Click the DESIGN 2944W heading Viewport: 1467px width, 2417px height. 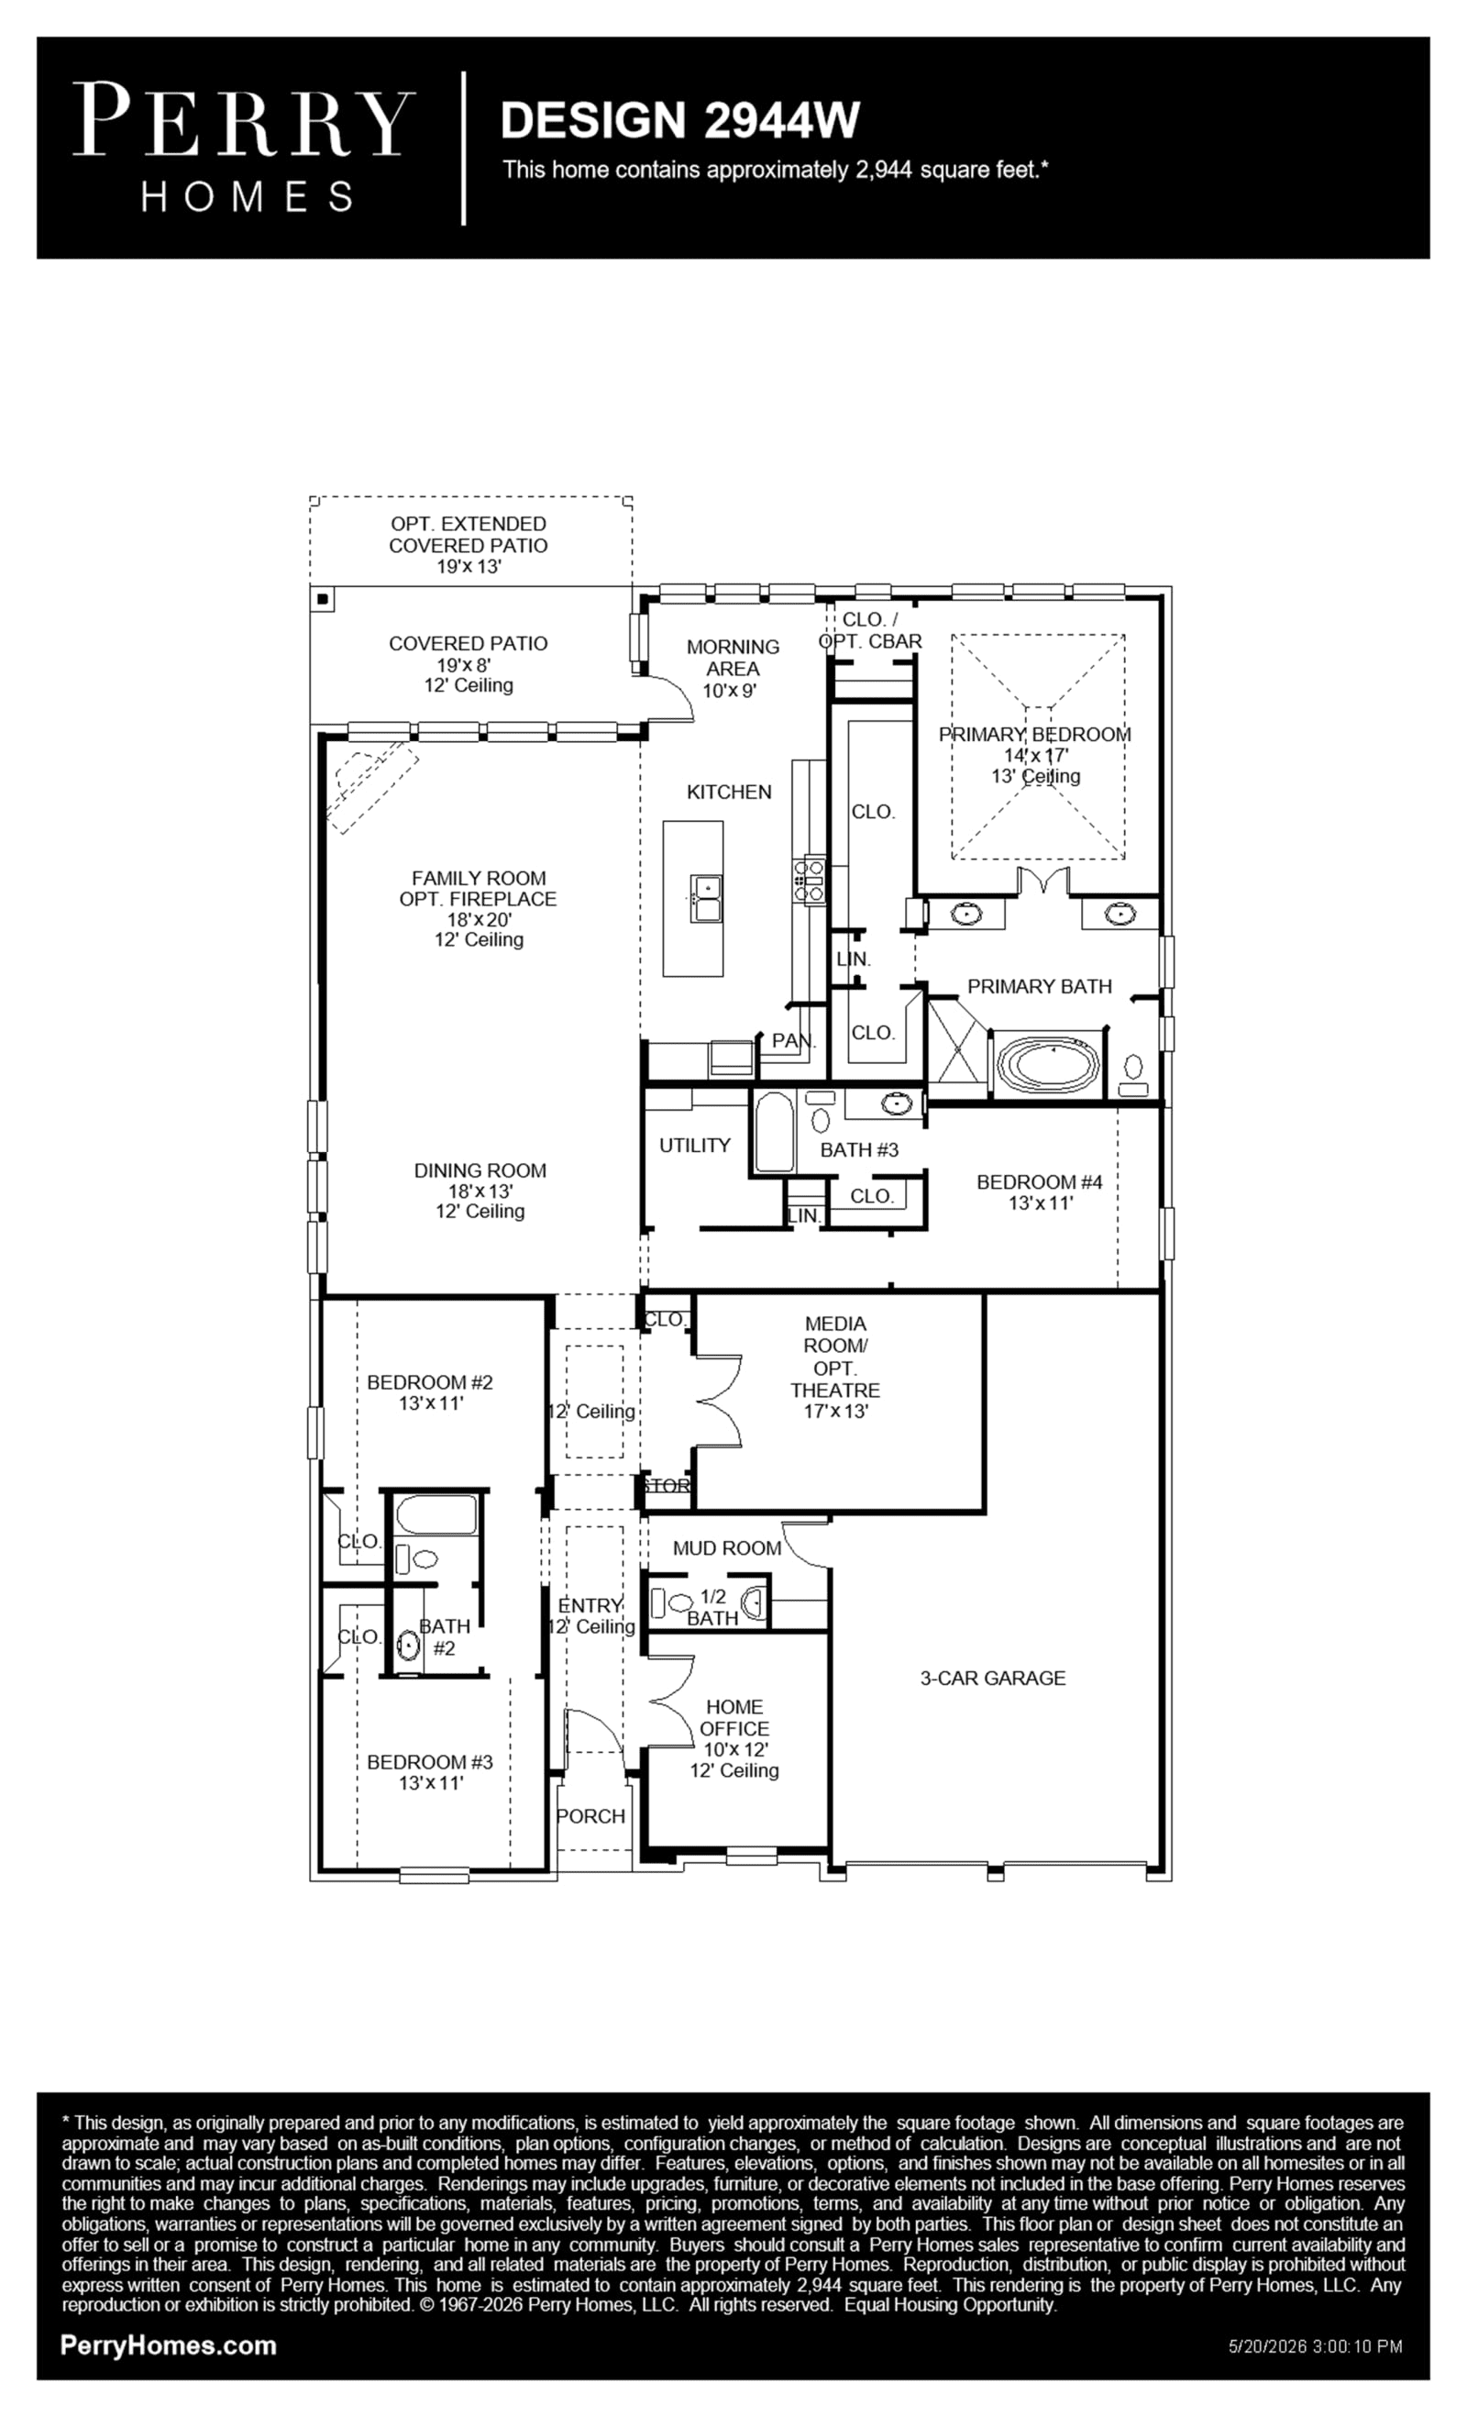click(679, 119)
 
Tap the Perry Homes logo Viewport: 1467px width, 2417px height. click(244, 147)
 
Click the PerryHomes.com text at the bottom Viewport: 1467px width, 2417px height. click(169, 2345)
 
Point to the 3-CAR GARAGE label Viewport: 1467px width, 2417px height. click(992, 1679)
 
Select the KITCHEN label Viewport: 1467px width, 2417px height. click(729, 792)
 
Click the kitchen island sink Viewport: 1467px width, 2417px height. click(706, 899)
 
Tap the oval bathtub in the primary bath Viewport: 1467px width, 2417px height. click(1048, 1062)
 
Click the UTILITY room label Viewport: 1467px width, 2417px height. click(694, 1145)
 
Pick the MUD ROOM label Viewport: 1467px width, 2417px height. click(727, 1548)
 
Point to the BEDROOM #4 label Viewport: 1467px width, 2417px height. click(1040, 1182)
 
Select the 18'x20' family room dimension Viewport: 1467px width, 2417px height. click(479, 919)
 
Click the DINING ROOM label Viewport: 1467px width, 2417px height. click(480, 1170)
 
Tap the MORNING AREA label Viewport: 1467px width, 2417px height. click(733, 657)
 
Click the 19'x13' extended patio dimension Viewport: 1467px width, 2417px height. click(469, 567)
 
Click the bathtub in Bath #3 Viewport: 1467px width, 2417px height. click(774, 1132)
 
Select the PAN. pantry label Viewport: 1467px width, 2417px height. click(793, 1041)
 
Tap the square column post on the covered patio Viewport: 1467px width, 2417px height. click(322, 598)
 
